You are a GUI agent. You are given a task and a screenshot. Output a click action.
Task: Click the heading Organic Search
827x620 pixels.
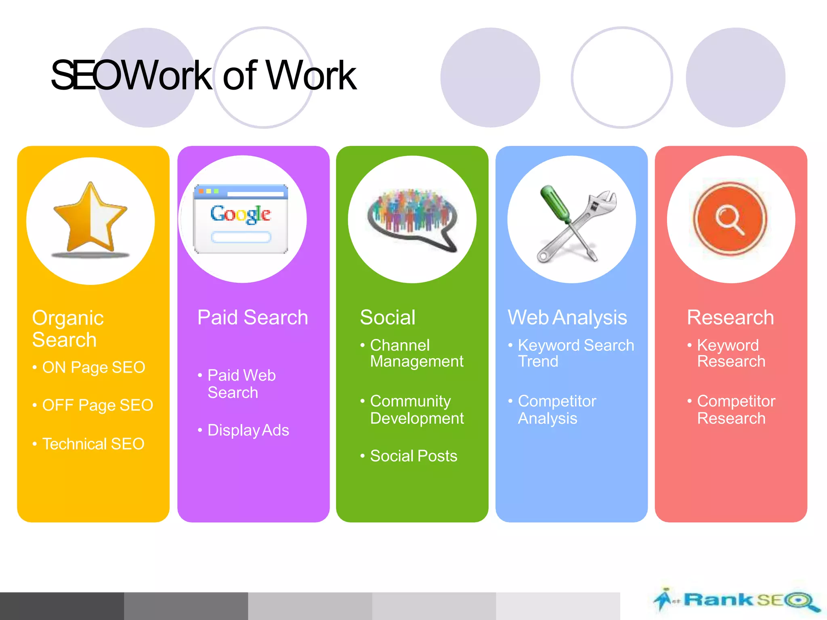(x=68, y=329)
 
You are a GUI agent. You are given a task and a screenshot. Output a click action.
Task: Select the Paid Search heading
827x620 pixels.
(x=253, y=317)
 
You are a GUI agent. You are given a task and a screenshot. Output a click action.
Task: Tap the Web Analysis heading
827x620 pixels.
(x=567, y=317)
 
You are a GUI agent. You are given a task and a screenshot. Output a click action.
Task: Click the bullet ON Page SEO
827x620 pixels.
(x=93, y=367)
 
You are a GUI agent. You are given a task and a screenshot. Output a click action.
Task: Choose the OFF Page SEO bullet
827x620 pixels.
(x=97, y=405)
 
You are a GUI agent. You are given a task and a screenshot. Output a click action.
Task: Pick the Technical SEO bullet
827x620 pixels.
(x=93, y=444)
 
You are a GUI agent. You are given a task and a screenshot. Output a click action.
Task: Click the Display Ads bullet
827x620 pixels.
(x=248, y=430)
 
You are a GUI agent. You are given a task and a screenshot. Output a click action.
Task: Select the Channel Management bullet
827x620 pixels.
(x=416, y=353)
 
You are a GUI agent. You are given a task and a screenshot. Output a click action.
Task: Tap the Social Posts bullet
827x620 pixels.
(x=413, y=456)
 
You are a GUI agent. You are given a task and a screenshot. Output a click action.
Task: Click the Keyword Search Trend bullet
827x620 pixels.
(x=575, y=353)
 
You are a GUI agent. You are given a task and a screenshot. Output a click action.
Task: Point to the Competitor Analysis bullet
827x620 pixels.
(x=556, y=410)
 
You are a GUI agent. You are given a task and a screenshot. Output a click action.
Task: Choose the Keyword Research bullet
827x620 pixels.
(x=731, y=353)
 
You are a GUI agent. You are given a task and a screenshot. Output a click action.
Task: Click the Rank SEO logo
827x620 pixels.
(x=737, y=600)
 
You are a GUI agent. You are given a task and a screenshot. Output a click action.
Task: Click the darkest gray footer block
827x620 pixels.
(x=62, y=606)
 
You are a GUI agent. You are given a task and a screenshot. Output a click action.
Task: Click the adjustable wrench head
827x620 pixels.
(x=604, y=201)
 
